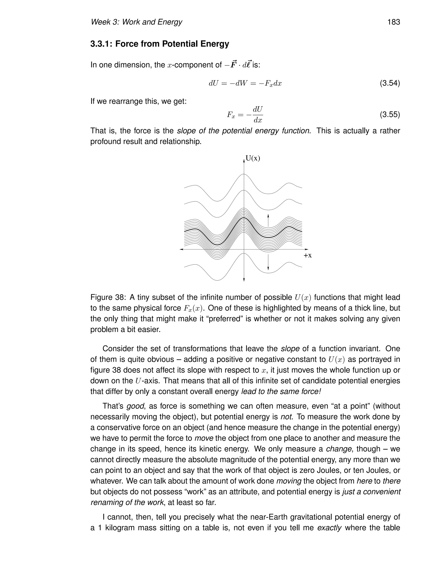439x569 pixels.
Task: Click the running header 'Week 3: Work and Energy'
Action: coord(136,22)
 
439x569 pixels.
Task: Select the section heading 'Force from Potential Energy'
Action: coord(172,44)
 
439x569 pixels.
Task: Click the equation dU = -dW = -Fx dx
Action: coord(245,84)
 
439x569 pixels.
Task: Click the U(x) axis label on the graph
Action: coord(253,158)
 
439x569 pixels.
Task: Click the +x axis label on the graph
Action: coord(307,256)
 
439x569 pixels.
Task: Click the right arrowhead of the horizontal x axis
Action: coord(306,249)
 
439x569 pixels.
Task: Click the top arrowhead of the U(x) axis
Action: coord(244,161)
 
